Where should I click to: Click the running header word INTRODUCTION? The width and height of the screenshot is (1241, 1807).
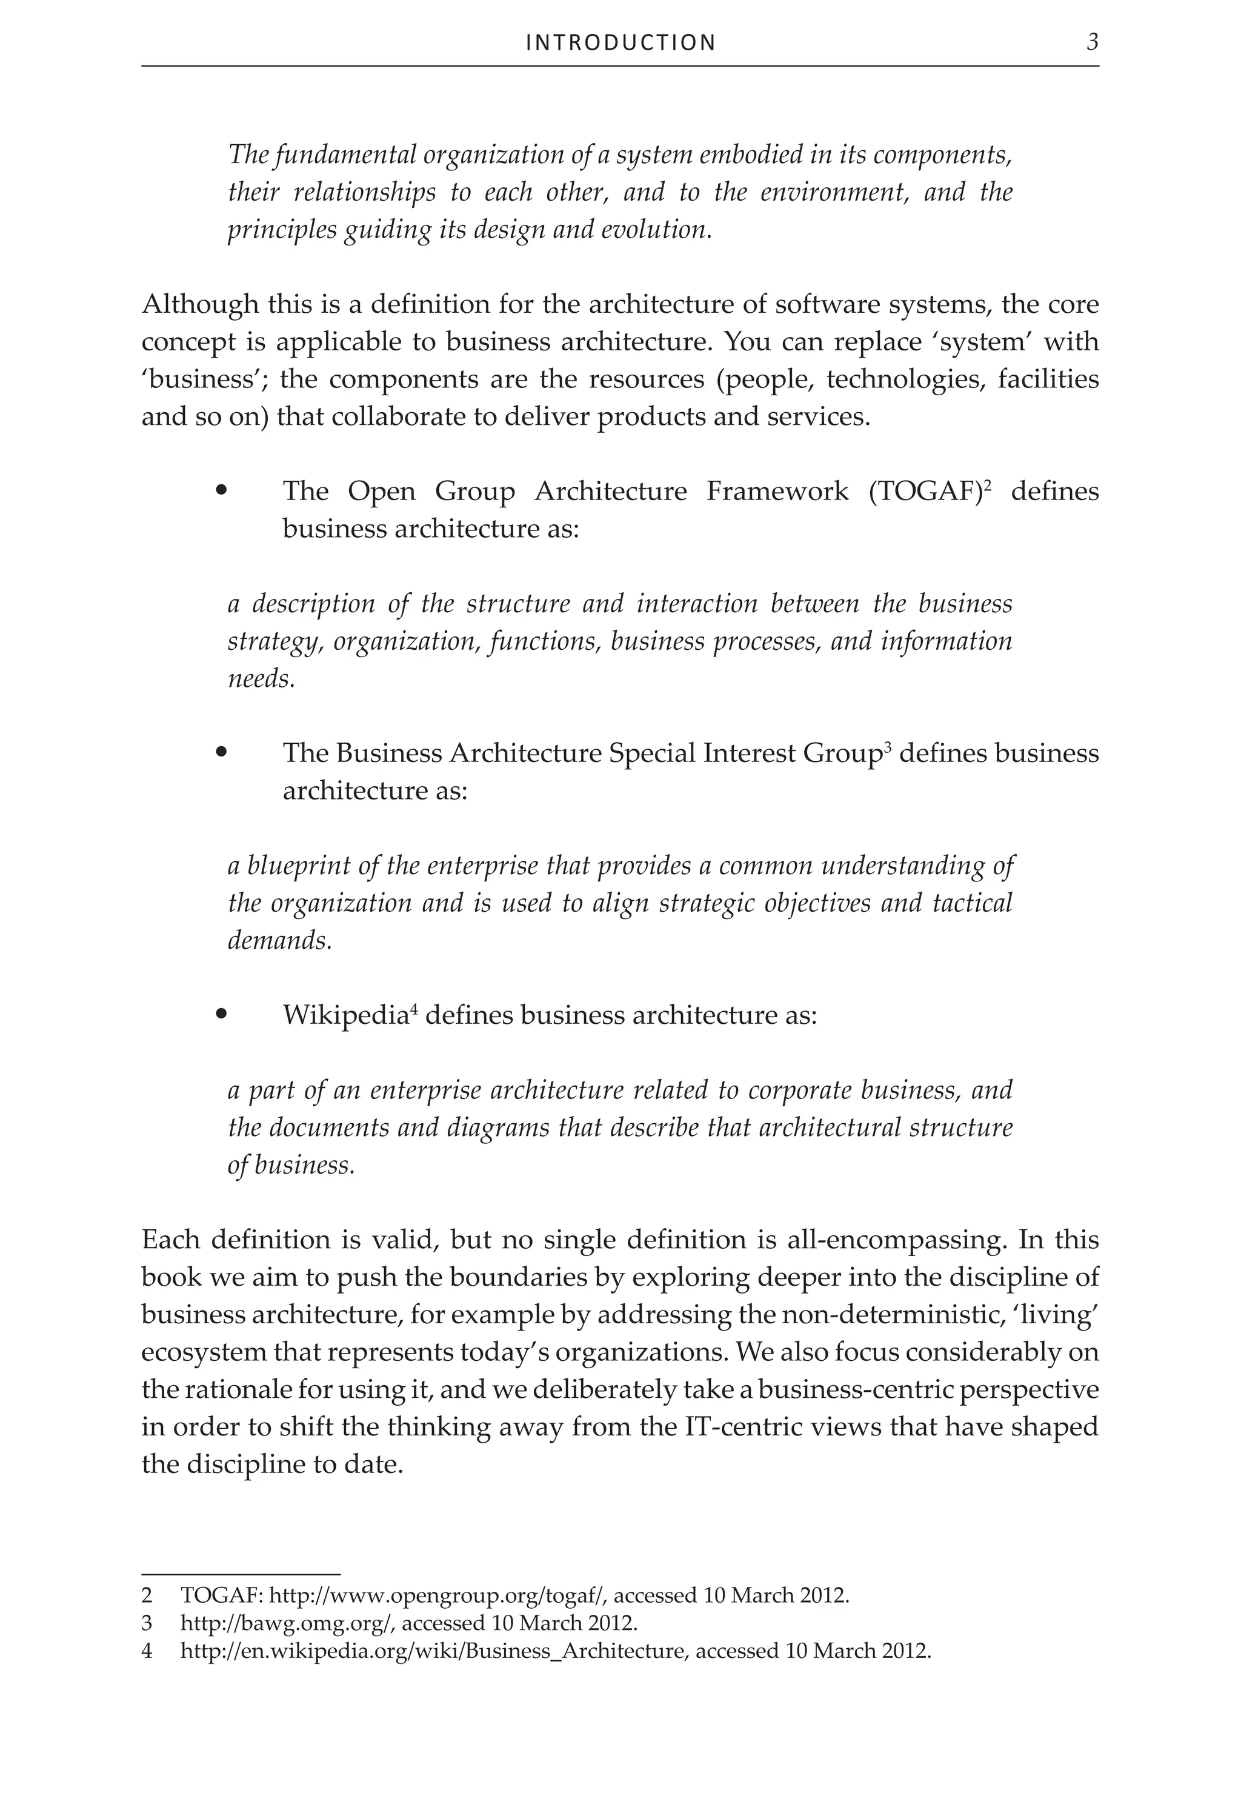pos(620,43)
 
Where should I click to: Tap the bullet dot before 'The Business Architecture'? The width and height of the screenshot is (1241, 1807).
pos(222,752)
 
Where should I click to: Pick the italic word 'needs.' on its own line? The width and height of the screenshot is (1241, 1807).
pos(261,679)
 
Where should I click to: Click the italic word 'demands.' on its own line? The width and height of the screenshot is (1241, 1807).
pos(280,941)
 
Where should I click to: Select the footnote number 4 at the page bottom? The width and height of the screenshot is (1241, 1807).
pos(147,1651)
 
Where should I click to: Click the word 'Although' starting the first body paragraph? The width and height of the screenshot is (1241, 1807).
pos(200,304)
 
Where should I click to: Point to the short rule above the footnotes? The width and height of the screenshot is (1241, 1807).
pos(241,1574)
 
